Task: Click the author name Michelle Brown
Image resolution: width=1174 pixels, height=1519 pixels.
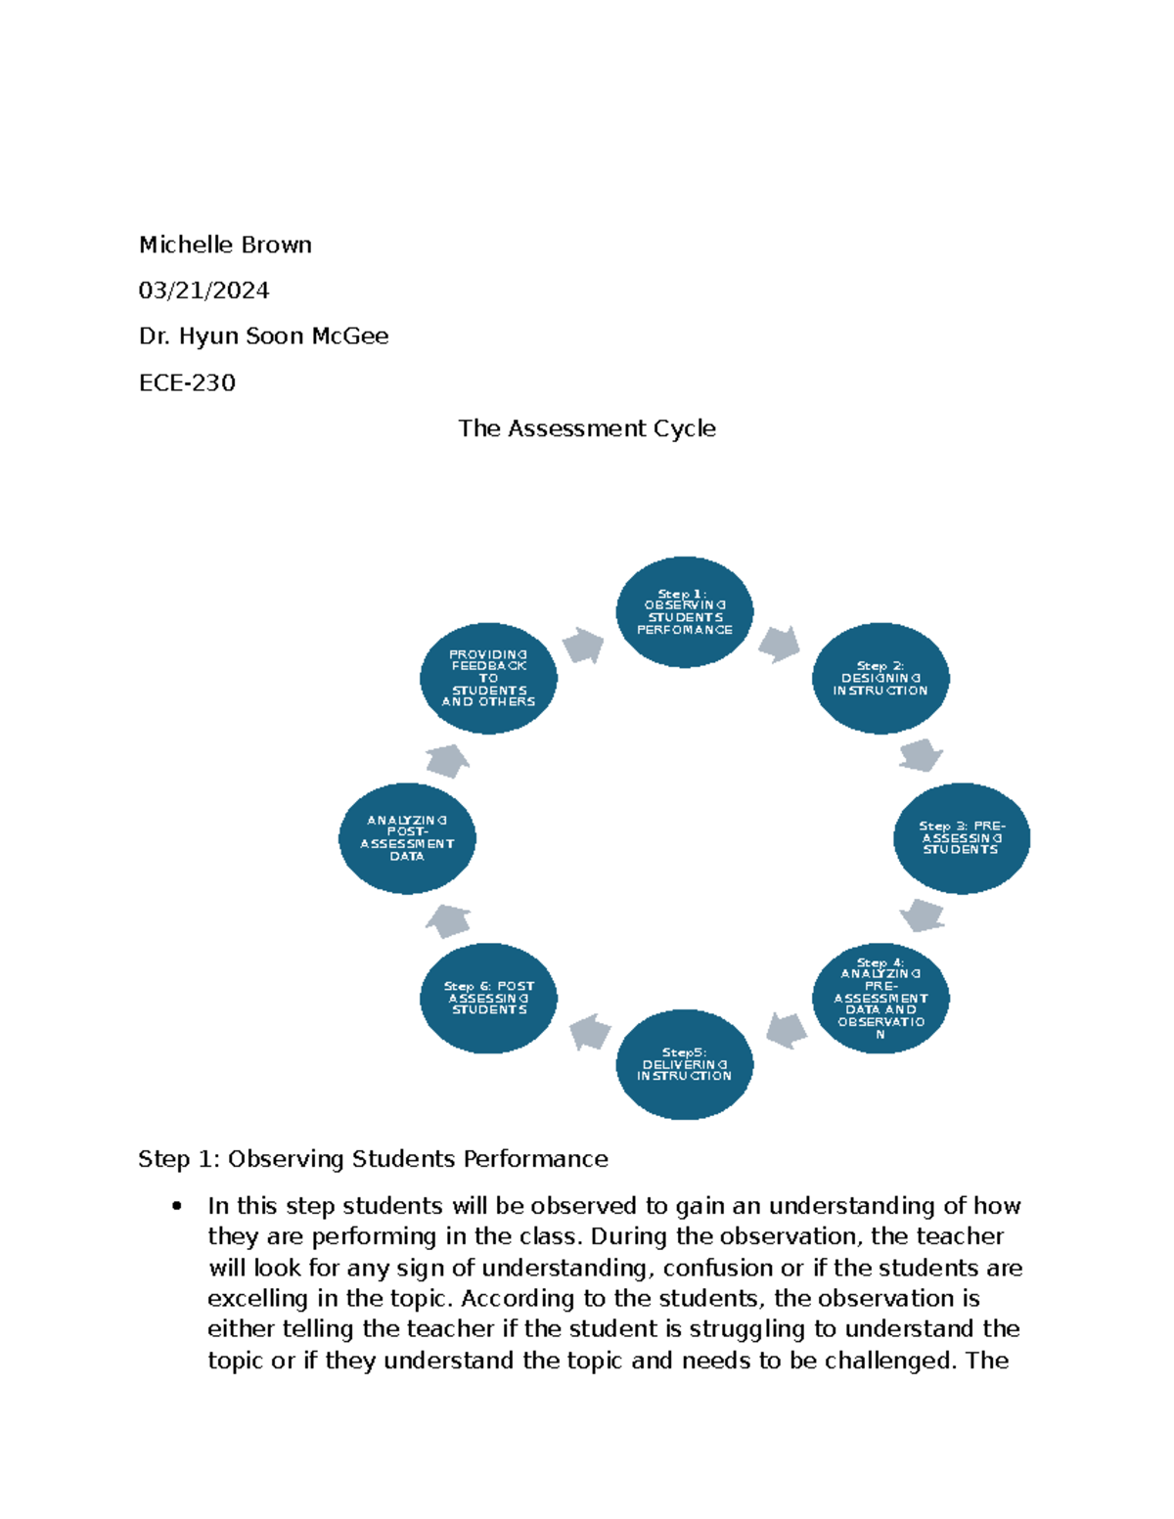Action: click(225, 245)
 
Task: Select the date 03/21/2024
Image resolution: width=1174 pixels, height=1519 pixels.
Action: click(203, 290)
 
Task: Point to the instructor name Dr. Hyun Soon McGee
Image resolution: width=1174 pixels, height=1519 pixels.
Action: click(263, 336)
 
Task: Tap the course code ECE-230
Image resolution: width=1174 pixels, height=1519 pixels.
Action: click(187, 382)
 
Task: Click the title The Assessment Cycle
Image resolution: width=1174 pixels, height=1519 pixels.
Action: click(587, 428)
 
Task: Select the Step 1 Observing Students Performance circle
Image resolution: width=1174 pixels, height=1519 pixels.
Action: click(685, 612)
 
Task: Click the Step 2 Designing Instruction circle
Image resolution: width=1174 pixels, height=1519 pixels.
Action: click(880, 678)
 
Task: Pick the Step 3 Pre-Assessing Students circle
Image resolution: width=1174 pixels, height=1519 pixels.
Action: click(962, 838)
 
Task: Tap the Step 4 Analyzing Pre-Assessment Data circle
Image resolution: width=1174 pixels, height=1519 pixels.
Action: click(880, 998)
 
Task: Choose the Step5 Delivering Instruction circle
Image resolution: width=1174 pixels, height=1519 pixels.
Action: click(685, 1064)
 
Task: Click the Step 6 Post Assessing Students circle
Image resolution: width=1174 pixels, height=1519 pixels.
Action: click(489, 998)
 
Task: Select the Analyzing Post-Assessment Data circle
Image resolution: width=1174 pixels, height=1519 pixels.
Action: click(407, 838)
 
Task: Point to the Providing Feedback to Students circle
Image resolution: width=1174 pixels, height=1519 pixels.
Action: click(489, 678)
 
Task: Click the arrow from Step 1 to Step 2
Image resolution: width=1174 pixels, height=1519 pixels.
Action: click(779, 644)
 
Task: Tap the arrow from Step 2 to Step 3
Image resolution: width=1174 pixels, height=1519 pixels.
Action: click(921, 755)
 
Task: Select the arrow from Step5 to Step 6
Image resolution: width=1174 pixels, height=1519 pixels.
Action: click(590, 1031)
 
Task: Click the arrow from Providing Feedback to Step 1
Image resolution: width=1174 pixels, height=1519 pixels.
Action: click(583, 646)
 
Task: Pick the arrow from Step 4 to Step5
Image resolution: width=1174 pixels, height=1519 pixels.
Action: click(787, 1030)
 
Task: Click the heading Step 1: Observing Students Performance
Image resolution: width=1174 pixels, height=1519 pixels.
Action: click(373, 1159)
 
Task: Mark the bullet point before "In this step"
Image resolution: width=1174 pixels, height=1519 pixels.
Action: click(177, 1206)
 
